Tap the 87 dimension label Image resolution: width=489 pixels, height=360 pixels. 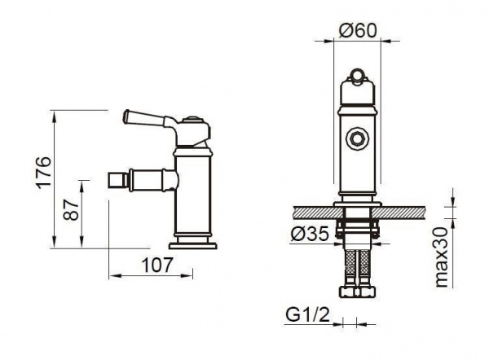click(71, 210)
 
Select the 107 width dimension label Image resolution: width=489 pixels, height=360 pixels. click(156, 266)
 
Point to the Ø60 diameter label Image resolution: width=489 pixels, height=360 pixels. click(358, 31)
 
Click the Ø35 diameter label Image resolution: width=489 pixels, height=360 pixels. click(310, 234)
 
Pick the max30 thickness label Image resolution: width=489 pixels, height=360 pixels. click(441, 257)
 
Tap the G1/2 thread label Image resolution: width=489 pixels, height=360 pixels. click(307, 315)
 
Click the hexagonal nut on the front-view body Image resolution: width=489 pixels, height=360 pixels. click(358, 138)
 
